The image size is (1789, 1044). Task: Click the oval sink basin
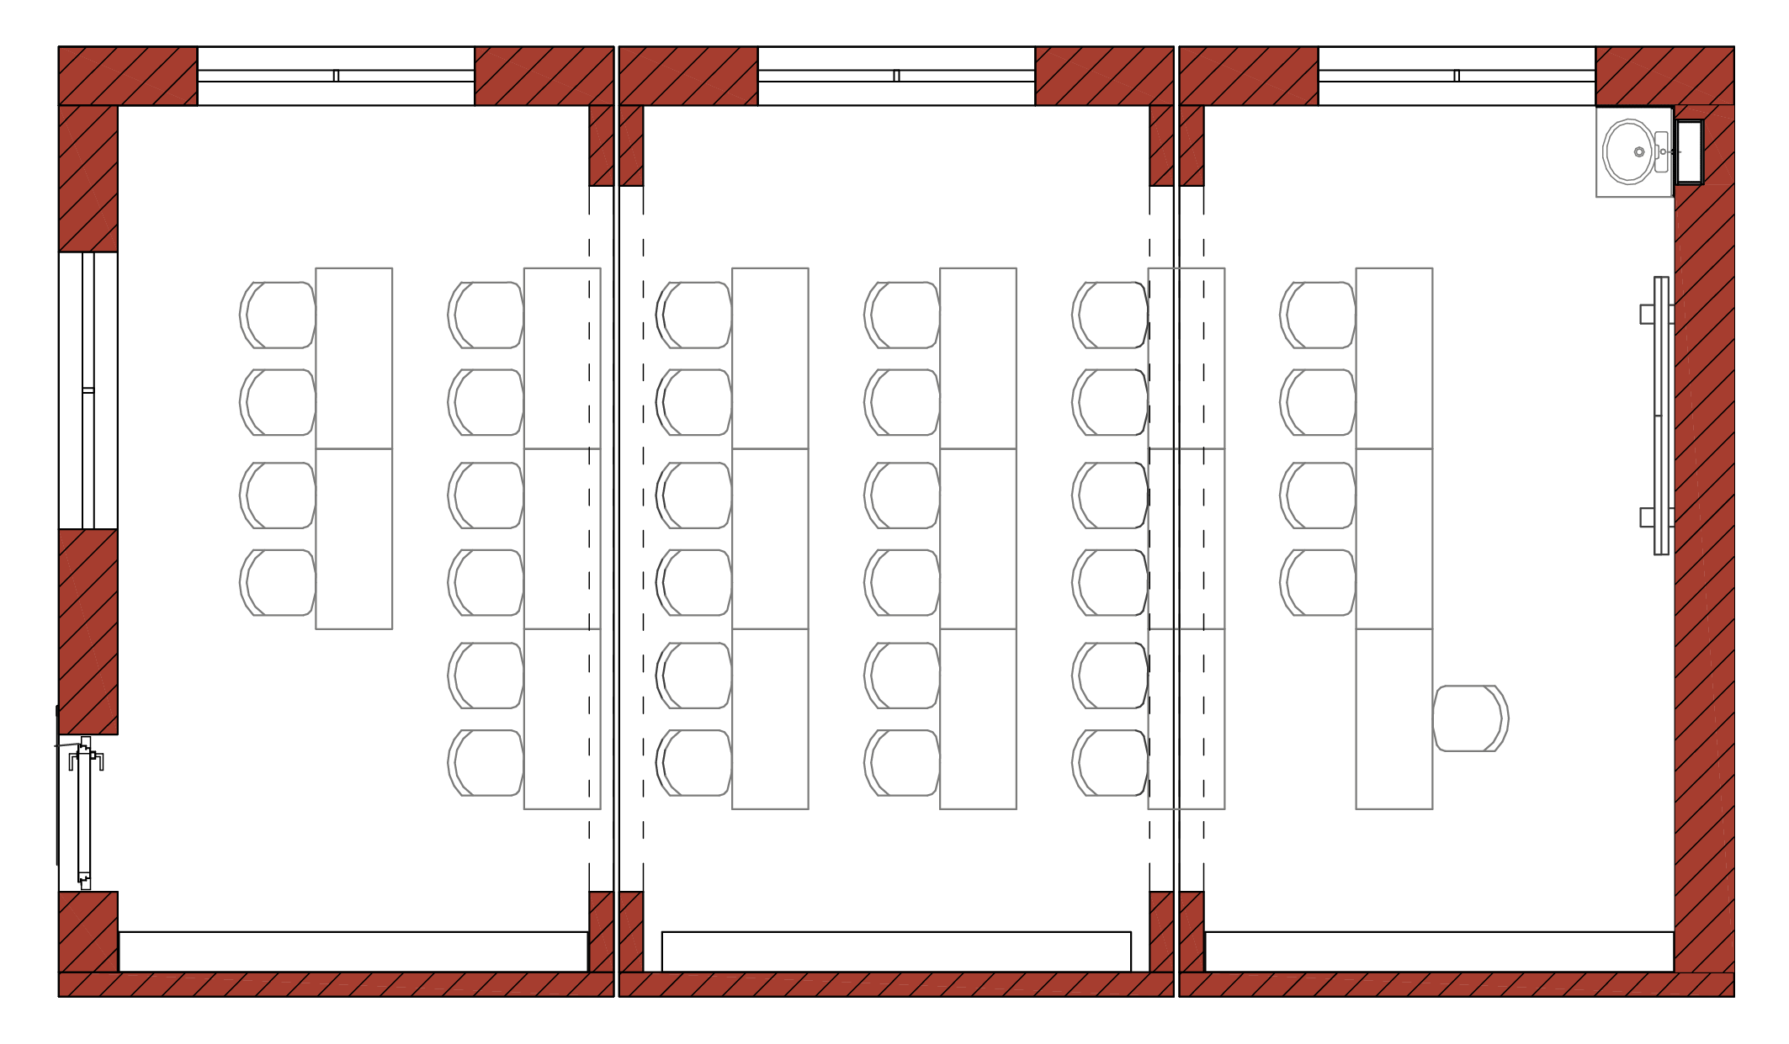click(x=1629, y=152)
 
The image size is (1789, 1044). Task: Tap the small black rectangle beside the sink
click(x=1689, y=152)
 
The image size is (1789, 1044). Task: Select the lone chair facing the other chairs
click(x=1471, y=718)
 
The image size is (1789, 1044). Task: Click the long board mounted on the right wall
click(x=1661, y=416)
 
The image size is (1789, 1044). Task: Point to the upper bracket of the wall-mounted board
click(x=1648, y=314)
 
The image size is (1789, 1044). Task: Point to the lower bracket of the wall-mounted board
click(x=1648, y=517)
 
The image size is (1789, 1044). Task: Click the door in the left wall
click(x=84, y=812)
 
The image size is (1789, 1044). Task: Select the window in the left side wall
click(x=88, y=390)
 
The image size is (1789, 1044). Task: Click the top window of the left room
click(x=336, y=76)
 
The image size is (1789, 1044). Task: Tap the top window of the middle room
click(x=896, y=76)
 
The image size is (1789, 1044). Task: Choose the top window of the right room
click(x=1457, y=76)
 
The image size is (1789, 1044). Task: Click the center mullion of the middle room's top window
click(x=896, y=76)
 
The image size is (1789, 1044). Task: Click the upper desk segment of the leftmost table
click(x=354, y=358)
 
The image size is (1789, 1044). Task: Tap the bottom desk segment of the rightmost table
click(x=1394, y=718)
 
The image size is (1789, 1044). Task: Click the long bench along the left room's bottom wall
click(x=353, y=951)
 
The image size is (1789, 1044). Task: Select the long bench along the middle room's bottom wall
click(x=896, y=951)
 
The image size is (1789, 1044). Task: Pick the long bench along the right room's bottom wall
click(x=1439, y=951)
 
